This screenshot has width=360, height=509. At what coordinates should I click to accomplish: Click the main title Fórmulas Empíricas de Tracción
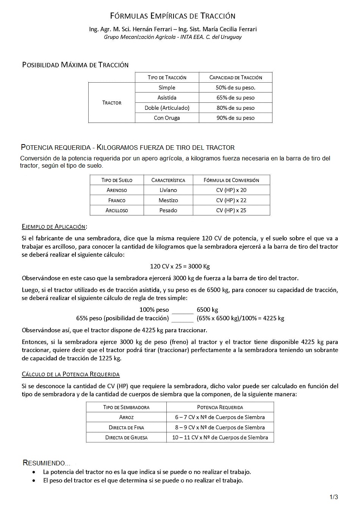[173, 16]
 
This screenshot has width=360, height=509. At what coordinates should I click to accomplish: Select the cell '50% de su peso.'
[235, 88]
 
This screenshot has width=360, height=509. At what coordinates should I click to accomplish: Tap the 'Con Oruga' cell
[167, 118]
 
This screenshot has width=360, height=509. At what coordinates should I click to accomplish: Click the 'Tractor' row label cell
[112, 103]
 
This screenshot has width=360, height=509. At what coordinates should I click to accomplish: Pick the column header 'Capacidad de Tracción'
[235, 77]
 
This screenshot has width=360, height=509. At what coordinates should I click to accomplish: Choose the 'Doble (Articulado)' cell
[167, 108]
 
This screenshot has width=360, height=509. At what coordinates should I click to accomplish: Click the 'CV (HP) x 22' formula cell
[231, 200]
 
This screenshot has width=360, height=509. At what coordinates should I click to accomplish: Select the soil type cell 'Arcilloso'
[117, 211]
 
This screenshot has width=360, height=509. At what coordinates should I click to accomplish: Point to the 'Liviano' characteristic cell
[168, 190]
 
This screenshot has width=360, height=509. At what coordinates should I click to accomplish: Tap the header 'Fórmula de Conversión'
[231, 180]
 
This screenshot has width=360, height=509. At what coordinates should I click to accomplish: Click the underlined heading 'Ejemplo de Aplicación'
[54, 227]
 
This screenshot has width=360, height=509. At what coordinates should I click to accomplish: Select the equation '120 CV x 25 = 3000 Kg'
[180, 266]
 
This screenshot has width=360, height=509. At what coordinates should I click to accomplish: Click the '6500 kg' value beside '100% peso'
[207, 310]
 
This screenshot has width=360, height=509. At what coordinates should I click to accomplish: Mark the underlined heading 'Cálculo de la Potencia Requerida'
[71, 374]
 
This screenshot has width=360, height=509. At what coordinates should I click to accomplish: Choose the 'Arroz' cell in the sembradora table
[126, 417]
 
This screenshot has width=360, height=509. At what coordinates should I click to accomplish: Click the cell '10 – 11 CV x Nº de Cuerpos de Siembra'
[220, 437]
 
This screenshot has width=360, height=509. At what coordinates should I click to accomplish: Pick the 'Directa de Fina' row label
[126, 427]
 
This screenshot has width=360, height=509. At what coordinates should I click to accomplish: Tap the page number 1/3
[333, 497]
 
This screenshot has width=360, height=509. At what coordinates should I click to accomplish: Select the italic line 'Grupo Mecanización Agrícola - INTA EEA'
[172, 37]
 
